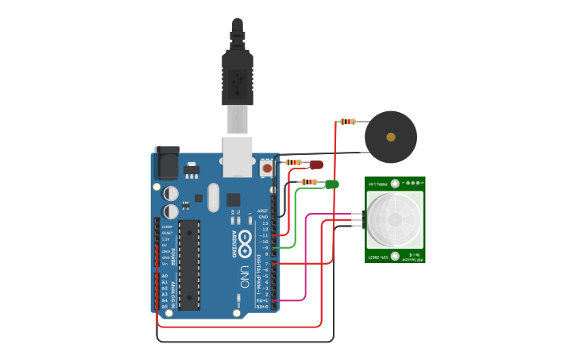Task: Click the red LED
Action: (316, 165)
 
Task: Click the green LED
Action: (332, 184)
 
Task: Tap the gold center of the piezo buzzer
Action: (391, 137)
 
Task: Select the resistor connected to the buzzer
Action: (347, 122)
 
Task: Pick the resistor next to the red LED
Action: (293, 162)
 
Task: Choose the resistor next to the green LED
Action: (309, 182)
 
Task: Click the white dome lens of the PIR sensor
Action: (394, 219)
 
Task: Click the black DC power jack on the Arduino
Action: (167, 163)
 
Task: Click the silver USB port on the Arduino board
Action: (237, 157)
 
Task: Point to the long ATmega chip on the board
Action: (189, 265)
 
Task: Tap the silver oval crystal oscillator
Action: (213, 197)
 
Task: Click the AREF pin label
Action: (262, 211)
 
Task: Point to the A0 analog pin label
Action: (164, 276)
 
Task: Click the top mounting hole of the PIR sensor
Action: (395, 184)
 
